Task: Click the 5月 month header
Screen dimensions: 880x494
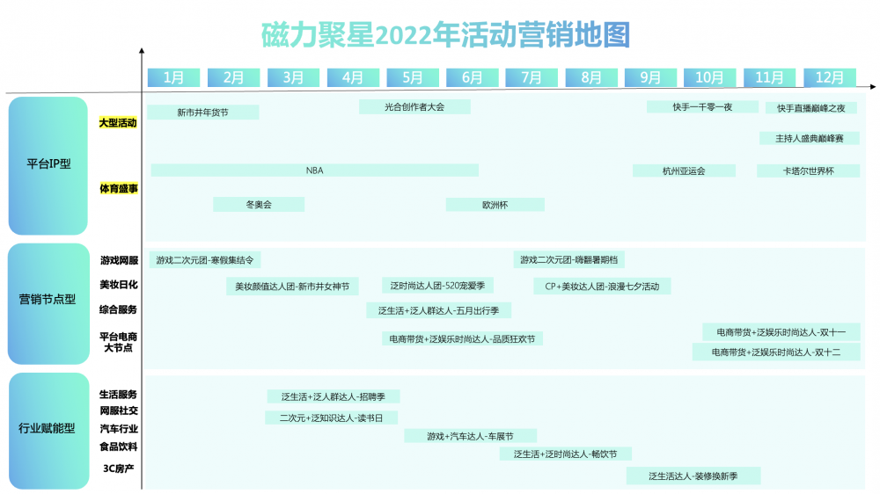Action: tap(412, 77)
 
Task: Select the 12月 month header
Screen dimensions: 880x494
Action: tap(830, 77)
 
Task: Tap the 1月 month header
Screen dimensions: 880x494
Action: tap(173, 77)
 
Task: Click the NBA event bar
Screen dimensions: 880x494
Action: tap(315, 171)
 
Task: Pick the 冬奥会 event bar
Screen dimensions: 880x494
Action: tap(259, 205)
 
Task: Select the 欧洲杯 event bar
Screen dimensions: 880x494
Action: tap(495, 205)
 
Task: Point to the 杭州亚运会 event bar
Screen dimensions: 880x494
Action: tap(684, 171)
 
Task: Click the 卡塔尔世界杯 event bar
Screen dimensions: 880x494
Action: tap(808, 171)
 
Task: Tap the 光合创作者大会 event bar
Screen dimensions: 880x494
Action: tap(414, 107)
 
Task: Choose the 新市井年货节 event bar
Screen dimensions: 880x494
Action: tap(203, 113)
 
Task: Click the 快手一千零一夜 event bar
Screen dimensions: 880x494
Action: tap(702, 107)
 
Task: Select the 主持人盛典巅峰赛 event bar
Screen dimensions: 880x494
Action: tap(810, 138)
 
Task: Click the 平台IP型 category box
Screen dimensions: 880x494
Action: tap(48, 165)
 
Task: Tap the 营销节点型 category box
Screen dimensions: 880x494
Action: tap(48, 303)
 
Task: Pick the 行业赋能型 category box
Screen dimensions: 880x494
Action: tap(48, 431)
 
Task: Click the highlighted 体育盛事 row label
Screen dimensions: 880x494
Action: tap(119, 188)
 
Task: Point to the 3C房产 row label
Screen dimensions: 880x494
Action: tap(119, 469)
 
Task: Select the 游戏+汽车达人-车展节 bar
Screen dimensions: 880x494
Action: tap(470, 436)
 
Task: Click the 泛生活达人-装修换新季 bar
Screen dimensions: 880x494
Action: tap(693, 476)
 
